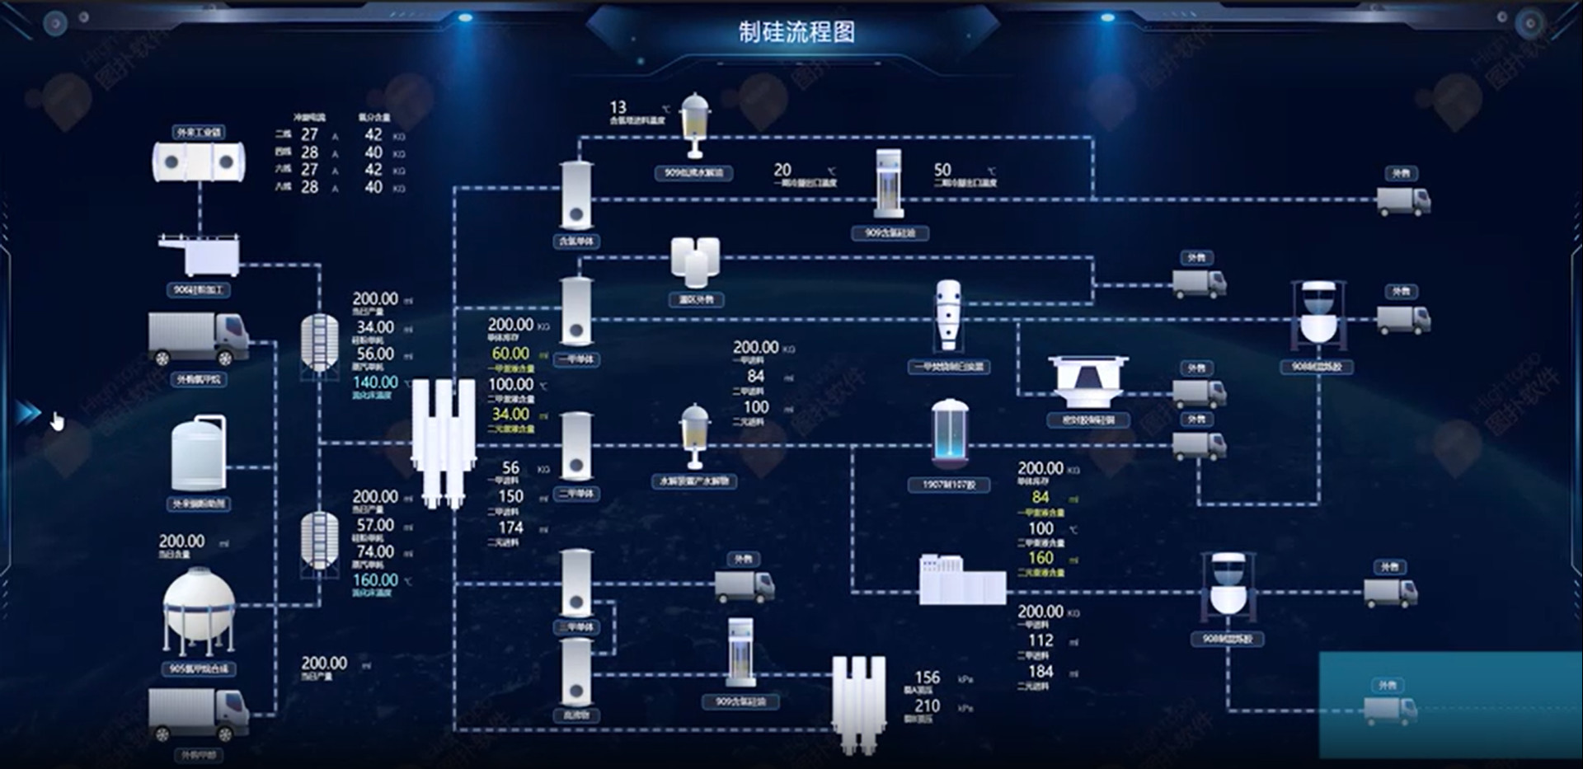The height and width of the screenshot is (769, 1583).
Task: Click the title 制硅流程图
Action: click(796, 33)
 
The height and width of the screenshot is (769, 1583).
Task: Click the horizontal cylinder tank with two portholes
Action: click(199, 162)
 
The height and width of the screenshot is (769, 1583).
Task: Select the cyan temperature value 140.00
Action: click(375, 382)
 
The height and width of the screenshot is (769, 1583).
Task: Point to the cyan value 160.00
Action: click(375, 580)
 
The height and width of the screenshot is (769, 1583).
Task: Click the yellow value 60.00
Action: click(510, 354)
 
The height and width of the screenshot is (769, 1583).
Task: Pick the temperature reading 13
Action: click(618, 108)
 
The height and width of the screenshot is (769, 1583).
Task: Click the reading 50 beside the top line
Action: click(942, 170)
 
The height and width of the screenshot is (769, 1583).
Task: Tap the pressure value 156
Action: click(927, 678)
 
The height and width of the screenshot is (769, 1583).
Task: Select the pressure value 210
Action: click(927, 706)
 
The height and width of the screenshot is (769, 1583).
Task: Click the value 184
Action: click(1040, 672)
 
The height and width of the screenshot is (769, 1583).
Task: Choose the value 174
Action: click(510, 528)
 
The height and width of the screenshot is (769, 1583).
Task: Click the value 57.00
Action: click(375, 525)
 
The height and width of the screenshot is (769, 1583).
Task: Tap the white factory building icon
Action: click(962, 579)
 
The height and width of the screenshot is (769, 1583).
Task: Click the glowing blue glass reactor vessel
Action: click(950, 434)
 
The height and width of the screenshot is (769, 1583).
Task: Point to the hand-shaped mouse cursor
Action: click(57, 422)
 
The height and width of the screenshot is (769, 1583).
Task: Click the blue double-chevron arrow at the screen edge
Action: click(28, 412)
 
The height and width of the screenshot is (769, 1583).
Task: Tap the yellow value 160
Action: click(1040, 558)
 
